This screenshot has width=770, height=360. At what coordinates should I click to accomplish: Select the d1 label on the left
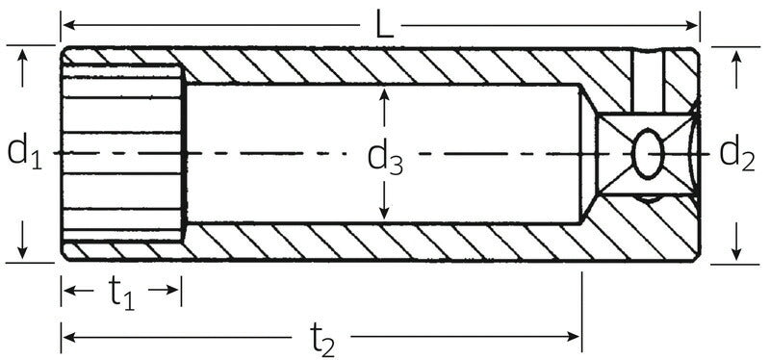[x=23, y=152]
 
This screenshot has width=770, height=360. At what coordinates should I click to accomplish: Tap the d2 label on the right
[x=736, y=152]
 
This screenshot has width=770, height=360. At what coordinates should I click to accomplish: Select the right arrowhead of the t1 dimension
[x=174, y=290]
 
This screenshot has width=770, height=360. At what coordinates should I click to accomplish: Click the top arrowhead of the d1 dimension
[x=22, y=54]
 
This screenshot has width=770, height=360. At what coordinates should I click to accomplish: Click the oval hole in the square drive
[x=648, y=152]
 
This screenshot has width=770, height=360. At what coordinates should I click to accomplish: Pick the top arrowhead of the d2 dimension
[x=736, y=54]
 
